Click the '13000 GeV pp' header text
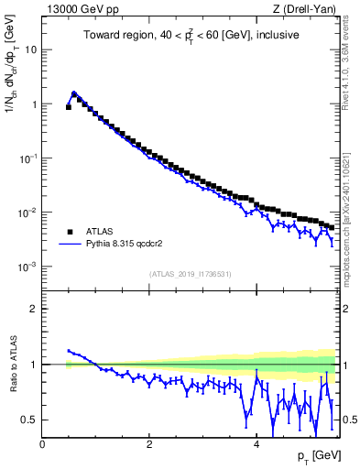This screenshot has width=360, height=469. (x=78, y=9)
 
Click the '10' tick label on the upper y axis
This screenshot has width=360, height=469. (x=31, y=49)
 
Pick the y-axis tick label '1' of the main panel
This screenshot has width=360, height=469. (x=34, y=104)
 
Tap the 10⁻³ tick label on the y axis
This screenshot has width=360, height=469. (x=27, y=267)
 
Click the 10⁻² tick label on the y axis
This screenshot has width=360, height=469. (x=27, y=213)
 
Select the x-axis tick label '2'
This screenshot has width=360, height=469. (x=149, y=443)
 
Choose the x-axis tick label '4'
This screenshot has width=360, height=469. (x=256, y=443)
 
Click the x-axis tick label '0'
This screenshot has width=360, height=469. (x=42, y=443)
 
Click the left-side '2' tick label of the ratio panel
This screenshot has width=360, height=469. (x=34, y=309)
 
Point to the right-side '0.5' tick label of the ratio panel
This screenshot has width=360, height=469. (x=350, y=420)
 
